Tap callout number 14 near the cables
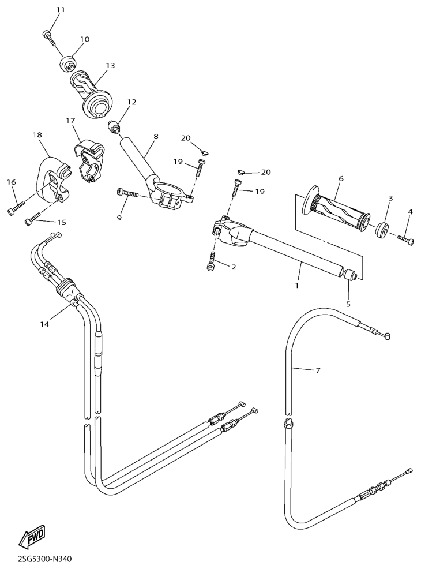coord(44,324)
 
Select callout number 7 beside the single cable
coord(318,370)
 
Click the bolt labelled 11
coord(50,38)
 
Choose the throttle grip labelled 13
coord(91,94)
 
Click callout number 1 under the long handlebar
coord(297,286)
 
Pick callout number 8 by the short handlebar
coord(156,136)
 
